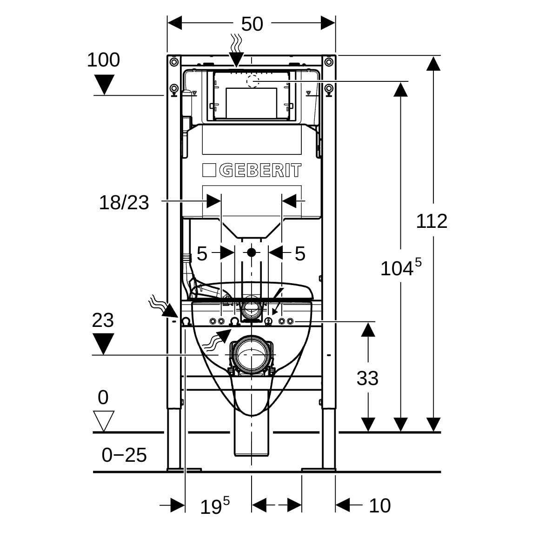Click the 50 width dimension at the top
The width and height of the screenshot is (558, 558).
(x=252, y=24)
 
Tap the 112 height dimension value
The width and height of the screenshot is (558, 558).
(x=432, y=221)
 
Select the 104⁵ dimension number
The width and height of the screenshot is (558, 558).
(x=401, y=267)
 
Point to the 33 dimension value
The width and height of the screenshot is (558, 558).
(x=367, y=378)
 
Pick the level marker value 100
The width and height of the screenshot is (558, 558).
(x=103, y=60)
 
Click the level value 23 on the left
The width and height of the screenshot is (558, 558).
(x=103, y=320)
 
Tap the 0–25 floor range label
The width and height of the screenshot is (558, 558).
(x=124, y=455)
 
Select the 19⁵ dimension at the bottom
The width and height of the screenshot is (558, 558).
(x=215, y=505)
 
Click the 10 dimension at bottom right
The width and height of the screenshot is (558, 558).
(x=380, y=506)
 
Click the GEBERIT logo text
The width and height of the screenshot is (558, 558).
(x=260, y=170)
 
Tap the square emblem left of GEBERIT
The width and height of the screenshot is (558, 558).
(x=209, y=170)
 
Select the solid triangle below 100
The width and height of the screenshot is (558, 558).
(x=104, y=85)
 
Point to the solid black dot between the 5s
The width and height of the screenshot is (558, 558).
(x=252, y=252)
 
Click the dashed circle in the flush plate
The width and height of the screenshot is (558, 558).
(x=253, y=81)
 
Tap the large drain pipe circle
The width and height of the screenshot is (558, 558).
(x=252, y=354)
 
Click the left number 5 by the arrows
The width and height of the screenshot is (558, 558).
(x=202, y=254)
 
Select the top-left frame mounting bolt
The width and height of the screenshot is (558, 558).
(x=174, y=62)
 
